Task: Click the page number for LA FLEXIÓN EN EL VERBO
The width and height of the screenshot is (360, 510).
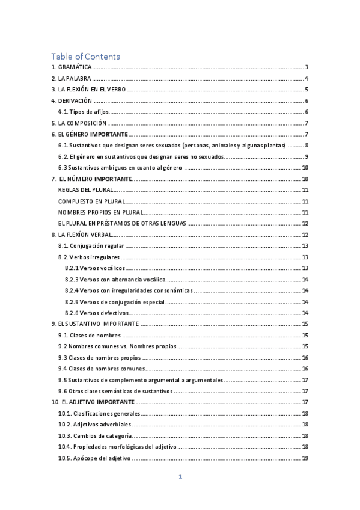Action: [x=307, y=90]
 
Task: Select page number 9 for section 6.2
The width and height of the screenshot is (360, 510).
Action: [x=307, y=156]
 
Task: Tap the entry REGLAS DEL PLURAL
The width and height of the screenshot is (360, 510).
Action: [x=82, y=189]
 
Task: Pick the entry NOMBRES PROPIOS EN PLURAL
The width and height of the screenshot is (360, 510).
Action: [x=100, y=212]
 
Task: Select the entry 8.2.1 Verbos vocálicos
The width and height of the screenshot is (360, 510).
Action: [x=93, y=268]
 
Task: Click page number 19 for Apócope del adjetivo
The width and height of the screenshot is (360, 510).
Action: [x=305, y=458]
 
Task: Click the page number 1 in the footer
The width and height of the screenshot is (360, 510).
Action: [x=180, y=477]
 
